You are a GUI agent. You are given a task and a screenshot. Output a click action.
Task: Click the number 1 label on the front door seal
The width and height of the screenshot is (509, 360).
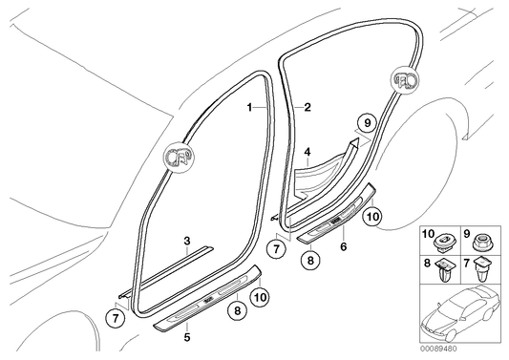click(249, 107)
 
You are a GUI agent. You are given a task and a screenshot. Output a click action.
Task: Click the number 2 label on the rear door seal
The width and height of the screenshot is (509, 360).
click(308, 107)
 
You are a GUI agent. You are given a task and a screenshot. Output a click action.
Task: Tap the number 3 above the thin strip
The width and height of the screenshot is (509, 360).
click(187, 242)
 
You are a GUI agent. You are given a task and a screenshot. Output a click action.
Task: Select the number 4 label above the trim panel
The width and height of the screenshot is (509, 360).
click(308, 152)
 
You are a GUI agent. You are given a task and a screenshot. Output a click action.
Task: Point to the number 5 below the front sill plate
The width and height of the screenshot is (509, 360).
click(187, 338)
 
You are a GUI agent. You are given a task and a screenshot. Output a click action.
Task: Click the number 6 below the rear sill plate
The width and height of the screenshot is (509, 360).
click(344, 246)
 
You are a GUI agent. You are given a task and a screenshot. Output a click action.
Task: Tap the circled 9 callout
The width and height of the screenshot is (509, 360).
click(367, 123)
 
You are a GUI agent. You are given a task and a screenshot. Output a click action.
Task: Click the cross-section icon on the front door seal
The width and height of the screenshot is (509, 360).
click(178, 157)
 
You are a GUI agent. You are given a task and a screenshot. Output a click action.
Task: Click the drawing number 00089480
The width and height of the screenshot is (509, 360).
click(438, 349)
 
